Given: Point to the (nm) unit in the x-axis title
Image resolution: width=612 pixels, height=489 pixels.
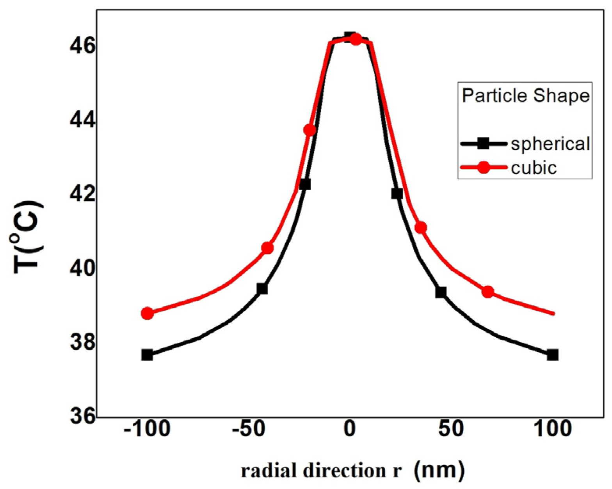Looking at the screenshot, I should [439, 470].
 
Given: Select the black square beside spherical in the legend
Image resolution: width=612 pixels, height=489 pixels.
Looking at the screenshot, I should [483, 144].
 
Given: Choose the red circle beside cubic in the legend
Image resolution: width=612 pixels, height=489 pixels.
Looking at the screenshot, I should [483, 167].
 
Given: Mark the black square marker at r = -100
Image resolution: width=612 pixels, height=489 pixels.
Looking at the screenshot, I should [147, 355].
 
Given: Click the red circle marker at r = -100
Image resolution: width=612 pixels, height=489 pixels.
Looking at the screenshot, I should [147, 313].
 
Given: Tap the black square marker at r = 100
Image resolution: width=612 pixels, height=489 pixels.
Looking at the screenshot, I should [552, 355].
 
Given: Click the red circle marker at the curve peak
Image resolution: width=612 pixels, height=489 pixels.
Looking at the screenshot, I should [356, 39].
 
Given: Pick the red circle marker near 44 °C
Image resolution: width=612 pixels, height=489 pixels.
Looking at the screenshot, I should [310, 130].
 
